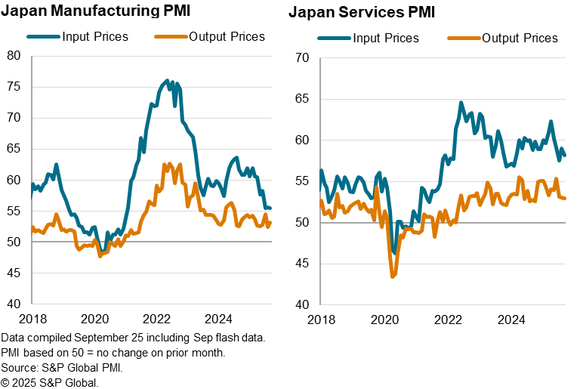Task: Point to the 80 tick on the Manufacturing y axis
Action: pos(14,55)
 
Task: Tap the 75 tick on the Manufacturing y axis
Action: pos(14,86)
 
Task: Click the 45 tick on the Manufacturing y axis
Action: pos(14,273)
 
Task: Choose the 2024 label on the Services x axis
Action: pos(512,320)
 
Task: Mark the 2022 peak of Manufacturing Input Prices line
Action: pos(167,79)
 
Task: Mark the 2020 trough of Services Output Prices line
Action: pos(393,277)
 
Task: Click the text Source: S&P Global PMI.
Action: pos(61,368)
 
